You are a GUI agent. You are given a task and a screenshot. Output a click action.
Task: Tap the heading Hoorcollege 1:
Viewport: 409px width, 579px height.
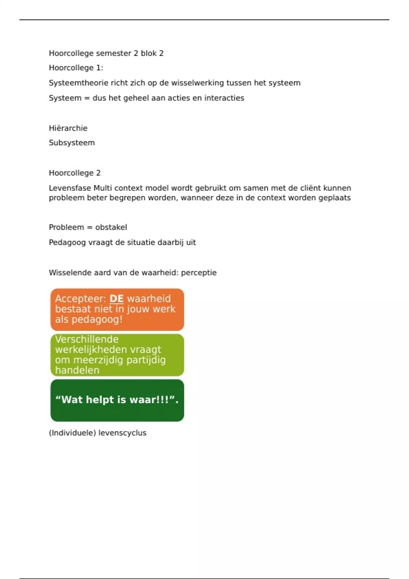76,68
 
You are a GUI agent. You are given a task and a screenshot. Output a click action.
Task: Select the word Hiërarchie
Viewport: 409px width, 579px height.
68,128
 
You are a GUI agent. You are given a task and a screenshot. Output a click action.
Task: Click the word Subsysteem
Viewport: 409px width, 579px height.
72,143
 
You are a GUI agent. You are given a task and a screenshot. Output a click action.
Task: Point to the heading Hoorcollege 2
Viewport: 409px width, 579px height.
75,173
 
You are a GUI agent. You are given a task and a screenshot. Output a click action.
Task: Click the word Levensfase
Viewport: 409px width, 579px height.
70,188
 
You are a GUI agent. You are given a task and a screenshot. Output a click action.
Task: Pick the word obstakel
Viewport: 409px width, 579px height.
111,227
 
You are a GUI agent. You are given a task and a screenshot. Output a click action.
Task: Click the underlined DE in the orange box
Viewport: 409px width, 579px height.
116,299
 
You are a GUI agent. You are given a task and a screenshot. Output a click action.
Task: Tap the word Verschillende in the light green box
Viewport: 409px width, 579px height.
87,339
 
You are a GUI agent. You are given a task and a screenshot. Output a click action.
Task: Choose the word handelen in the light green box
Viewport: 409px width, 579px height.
77,370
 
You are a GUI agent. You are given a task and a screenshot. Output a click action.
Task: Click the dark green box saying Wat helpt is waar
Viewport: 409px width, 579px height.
117,400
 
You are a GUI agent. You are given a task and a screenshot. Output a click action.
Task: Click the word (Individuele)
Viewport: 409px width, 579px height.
72,433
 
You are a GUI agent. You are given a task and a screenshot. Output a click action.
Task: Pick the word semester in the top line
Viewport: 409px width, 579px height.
117,53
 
